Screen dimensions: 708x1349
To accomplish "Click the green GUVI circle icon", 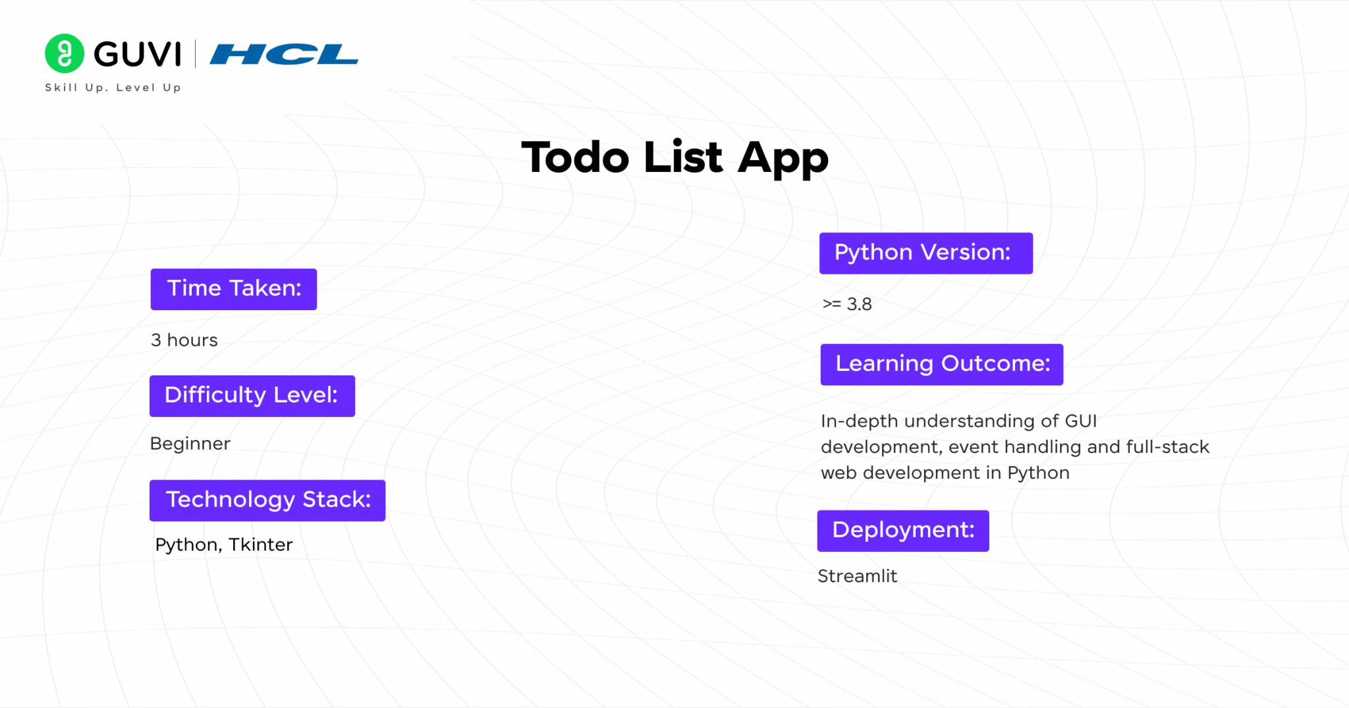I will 64,53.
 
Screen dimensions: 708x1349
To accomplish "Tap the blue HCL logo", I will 284,54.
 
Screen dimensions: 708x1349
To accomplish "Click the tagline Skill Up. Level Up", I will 113,88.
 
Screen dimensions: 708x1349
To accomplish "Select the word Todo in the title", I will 575,158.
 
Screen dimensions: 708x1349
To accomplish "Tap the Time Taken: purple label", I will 234,289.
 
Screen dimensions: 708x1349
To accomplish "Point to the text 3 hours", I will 184,340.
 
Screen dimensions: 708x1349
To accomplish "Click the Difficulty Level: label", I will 252,396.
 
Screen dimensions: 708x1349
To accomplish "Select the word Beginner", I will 190,444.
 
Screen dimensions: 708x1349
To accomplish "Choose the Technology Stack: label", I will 267,501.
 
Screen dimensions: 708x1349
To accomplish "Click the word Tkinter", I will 260,545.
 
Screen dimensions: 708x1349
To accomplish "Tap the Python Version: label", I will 925,253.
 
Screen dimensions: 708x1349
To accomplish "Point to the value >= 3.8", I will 847,304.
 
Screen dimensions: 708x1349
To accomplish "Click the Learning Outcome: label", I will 941,364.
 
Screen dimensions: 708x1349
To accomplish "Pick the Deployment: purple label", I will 902,531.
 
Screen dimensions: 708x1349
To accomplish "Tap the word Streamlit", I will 857,576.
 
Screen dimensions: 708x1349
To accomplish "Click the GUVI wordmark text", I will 137,54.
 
